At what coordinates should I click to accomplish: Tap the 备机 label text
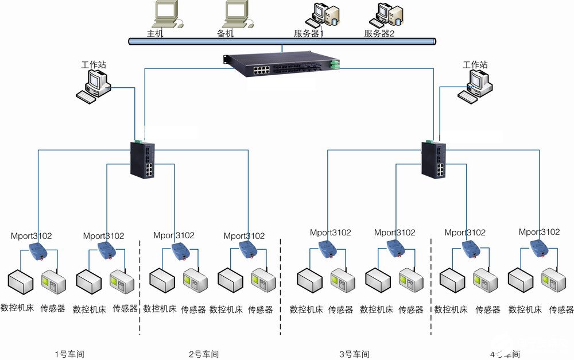tap(226, 33)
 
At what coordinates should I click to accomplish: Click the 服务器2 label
tap(379, 33)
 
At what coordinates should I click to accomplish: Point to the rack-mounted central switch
tap(281, 65)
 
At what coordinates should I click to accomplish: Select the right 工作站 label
tap(475, 65)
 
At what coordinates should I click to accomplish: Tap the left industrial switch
tap(141, 159)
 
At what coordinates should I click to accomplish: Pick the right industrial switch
tap(433, 159)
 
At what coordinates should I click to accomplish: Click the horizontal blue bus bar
tap(281, 41)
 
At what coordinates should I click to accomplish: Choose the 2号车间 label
tap(204, 354)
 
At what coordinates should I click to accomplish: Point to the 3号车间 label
tap(354, 354)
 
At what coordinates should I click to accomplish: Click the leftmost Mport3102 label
tap(32, 235)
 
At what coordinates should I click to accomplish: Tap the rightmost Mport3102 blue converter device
tap(539, 247)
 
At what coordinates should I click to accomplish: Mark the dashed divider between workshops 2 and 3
tap(280, 287)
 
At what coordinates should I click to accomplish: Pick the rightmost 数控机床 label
tap(525, 309)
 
